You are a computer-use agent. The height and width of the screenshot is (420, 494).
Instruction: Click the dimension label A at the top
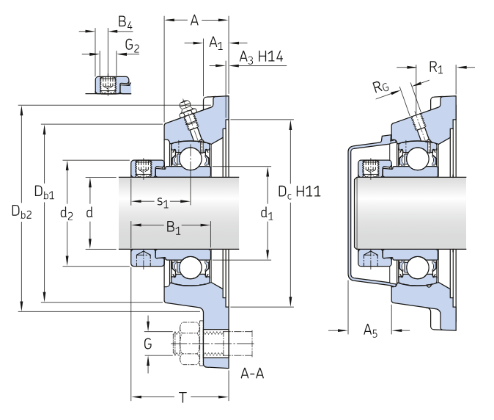(194, 21)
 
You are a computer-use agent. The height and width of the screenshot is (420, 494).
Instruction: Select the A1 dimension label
(215, 43)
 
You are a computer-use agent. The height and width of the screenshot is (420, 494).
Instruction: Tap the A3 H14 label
(262, 57)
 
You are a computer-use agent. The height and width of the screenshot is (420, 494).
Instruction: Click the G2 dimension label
(132, 46)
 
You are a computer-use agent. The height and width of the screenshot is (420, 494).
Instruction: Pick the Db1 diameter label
(44, 193)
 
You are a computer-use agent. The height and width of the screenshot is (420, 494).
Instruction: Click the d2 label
(67, 214)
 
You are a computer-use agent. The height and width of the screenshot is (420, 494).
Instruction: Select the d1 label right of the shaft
(267, 214)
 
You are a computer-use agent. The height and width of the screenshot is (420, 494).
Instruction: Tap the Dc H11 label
(300, 192)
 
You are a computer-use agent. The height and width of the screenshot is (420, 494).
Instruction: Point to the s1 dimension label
(163, 201)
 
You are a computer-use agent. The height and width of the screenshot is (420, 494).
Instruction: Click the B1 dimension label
(173, 228)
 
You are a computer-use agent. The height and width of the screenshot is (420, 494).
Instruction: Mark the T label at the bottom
(183, 397)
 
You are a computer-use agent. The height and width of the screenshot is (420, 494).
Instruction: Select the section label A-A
(252, 374)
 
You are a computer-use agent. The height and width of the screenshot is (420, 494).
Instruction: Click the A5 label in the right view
(372, 330)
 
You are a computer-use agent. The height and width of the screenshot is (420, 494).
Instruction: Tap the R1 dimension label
(436, 68)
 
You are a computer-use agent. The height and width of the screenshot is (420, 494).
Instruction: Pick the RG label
(380, 87)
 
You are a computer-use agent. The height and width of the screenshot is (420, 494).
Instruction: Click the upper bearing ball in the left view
(191, 157)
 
